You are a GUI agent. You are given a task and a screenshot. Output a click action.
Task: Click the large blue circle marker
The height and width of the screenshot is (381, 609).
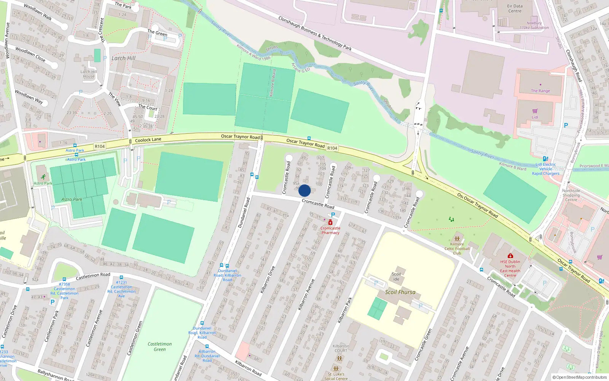pyautogui.click(x=304, y=190)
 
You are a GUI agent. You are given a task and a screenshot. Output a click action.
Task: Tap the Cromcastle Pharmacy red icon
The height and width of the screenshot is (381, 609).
pyautogui.click(x=330, y=222)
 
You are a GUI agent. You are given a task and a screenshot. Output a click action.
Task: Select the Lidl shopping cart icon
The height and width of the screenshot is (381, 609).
pyautogui.click(x=535, y=111)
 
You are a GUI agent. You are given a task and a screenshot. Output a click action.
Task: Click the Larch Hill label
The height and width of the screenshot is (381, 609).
pyautogui.click(x=123, y=58)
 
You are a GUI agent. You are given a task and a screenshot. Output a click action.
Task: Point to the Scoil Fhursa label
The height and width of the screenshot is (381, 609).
pyautogui.click(x=400, y=292)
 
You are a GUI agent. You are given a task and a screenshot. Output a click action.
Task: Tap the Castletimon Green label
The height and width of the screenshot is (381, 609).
pyautogui.click(x=159, y=346)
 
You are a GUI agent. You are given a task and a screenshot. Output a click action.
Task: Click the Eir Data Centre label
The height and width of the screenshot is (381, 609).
pyautogui.click(x=515, y=8)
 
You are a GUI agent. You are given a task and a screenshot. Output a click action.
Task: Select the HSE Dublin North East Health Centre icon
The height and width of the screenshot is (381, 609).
pyautogui.click(x=510, y=256)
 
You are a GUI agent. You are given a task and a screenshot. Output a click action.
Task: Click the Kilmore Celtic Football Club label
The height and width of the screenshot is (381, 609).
pyautogui.click(x=457, y=248)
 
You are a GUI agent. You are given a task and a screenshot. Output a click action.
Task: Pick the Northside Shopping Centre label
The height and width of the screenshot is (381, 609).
pyautogui.click(x=571, y=195)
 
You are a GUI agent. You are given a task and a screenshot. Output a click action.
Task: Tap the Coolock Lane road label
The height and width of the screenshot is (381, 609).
pyautogui.click(x=148, y=140)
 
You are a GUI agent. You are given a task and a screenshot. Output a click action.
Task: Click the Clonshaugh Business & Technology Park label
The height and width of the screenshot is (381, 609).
pyautogui.click(x=315, y=34)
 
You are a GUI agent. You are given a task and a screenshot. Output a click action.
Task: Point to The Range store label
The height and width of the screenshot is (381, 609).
pyautogui.click(x=540, y=91)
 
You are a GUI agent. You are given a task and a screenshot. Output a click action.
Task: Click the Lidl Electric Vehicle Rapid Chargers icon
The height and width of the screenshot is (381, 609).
pyautogui.click(x=545, y=159)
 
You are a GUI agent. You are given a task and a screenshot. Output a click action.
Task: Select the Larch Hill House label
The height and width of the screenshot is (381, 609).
pyautogui.click(x=89, y=74)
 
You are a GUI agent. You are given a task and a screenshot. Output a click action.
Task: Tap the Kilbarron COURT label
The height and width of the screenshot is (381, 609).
pyautogui.click(x=341, y=348)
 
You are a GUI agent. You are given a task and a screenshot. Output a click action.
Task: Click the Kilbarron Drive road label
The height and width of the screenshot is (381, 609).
pyautogui.click(x=268, y=280)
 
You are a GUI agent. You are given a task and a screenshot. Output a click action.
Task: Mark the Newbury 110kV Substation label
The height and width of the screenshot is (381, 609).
pyautogui.click(x=534, y=25)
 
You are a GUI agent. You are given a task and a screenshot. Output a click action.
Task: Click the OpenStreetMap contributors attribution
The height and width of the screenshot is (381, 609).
pyautogui.click(x=580, y=377)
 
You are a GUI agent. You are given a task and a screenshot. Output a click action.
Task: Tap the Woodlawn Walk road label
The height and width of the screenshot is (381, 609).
pyautogui.click(x=38, y=11)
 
